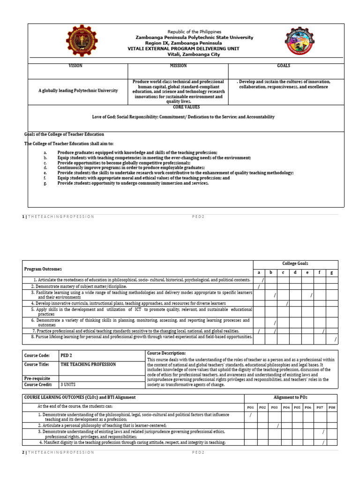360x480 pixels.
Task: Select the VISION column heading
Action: coord(75,66)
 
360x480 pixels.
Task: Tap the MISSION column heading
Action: coord(178,66)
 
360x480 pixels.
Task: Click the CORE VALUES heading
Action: coord(187,107)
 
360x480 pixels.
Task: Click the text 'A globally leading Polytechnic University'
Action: coord(78,90)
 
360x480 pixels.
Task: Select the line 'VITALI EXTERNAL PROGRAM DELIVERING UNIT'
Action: coord(184,48)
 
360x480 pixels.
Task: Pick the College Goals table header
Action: coord(295,264)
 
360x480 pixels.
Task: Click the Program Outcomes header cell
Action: coord(43,269)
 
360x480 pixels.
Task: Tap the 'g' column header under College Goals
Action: coord(332,272)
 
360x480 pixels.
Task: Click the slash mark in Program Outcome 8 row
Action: coord(335,339)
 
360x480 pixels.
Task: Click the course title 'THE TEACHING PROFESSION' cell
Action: coord(89,364)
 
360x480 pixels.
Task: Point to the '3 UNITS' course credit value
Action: coord(69,384)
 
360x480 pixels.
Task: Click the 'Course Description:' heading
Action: coord(166,353)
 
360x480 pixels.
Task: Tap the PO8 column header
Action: coord(332,408)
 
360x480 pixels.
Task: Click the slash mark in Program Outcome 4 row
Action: coord(287,304)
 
